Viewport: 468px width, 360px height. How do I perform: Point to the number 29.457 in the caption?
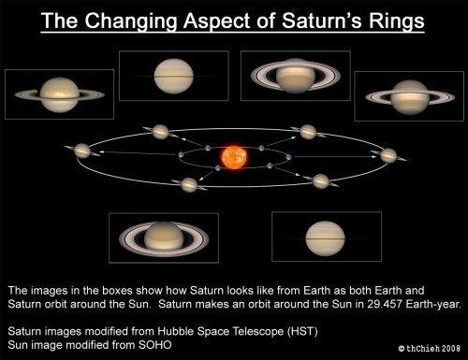(355, 304)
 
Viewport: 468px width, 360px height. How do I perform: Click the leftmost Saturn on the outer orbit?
(84, 150)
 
